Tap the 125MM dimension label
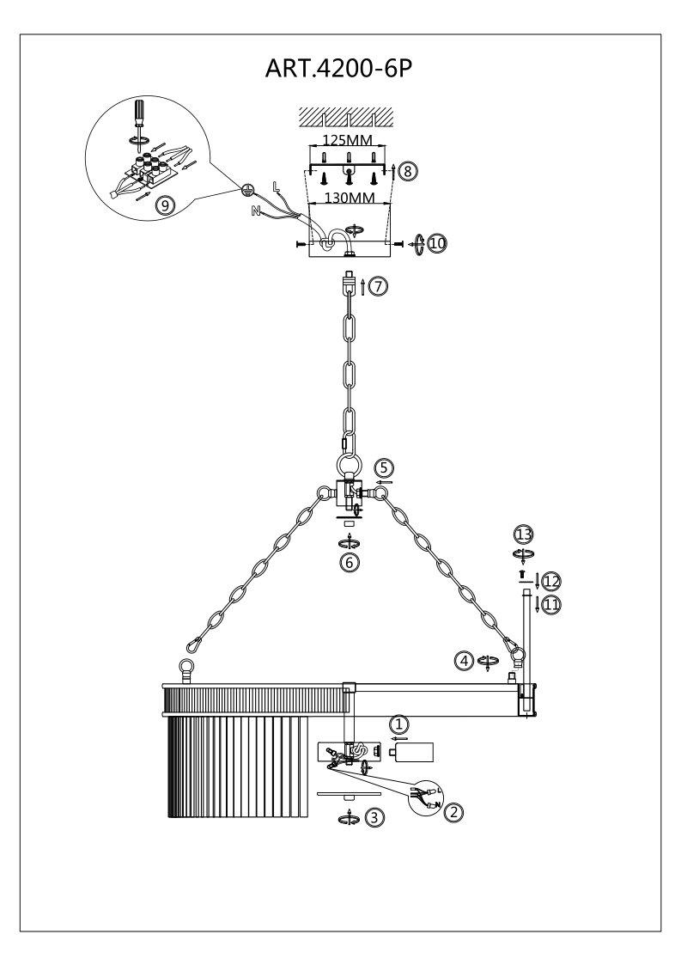pos(348,137)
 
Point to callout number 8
pos(409,171)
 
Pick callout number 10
pos(438,244)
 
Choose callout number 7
pos(379,287)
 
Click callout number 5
pos(384,467)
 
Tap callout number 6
pos(348,562)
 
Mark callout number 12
pos(550,580)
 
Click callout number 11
pos(550,604)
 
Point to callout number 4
pos(465,661)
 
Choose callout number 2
pos(455,809)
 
